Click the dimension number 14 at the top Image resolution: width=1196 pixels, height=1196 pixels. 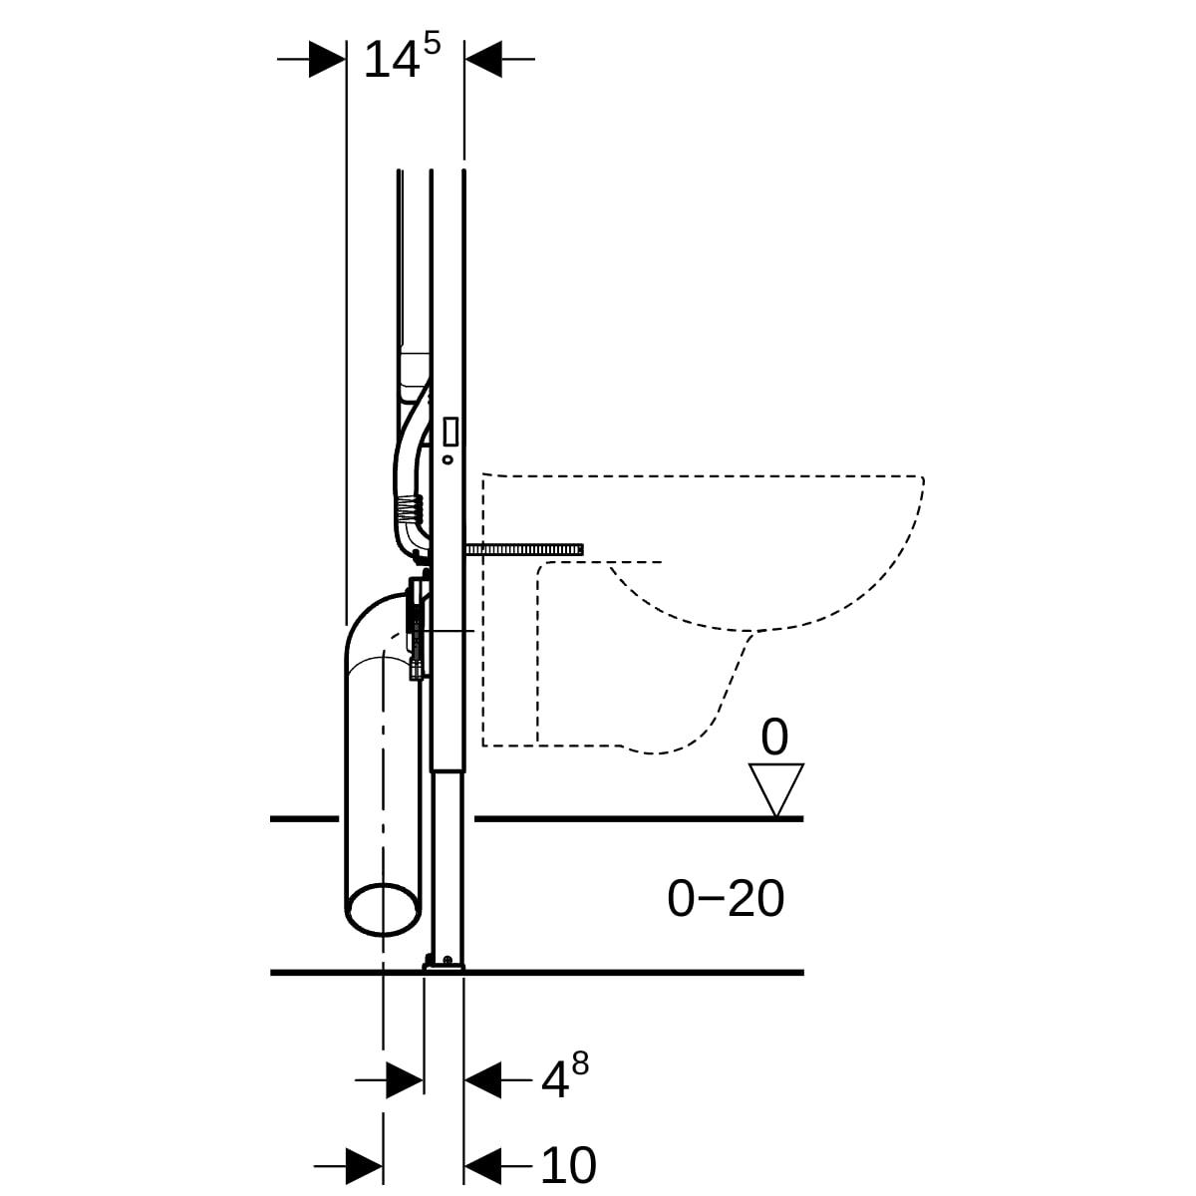point(391,61)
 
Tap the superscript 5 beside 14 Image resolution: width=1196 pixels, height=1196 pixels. point(431,44)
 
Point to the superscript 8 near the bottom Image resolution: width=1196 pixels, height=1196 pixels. point(580,1064)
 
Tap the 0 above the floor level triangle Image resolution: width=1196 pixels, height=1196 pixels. point(774,738)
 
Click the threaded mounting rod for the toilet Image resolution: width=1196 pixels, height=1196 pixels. point(524,548)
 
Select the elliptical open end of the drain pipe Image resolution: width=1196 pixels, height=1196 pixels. point(383,908)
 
